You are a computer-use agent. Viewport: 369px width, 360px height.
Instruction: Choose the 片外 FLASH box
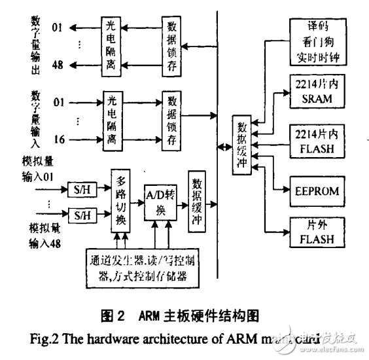coord(318,232)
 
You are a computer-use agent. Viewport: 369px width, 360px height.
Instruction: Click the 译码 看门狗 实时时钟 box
coord(318,41)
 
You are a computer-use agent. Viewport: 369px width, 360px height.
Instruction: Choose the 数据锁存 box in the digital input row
coord(173,122)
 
